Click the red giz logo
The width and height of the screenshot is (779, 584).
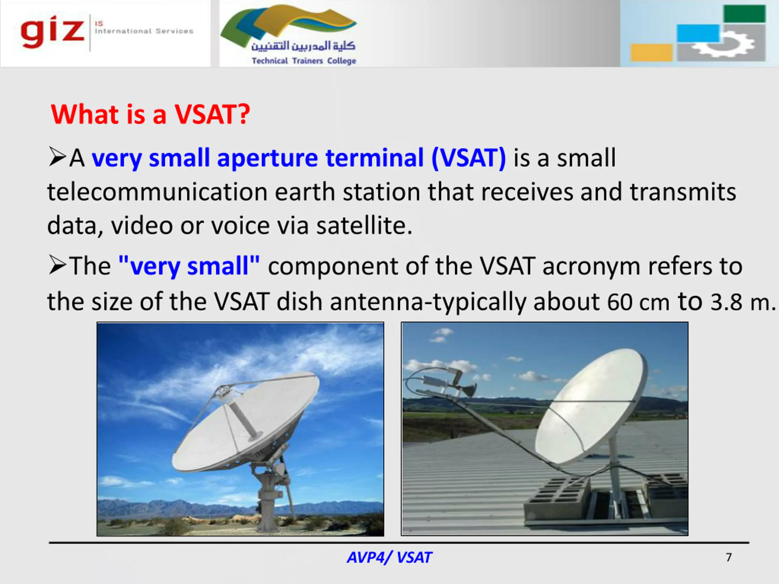52,32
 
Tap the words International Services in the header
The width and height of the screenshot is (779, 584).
144,31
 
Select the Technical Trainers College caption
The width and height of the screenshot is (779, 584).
304,61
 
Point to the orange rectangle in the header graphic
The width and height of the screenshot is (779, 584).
651,52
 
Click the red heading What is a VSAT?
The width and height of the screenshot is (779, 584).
150,114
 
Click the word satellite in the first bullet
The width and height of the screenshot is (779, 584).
364,225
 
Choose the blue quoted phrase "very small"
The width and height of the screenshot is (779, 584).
189,266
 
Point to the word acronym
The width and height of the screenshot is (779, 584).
591,267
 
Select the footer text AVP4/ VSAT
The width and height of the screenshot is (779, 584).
389,558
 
